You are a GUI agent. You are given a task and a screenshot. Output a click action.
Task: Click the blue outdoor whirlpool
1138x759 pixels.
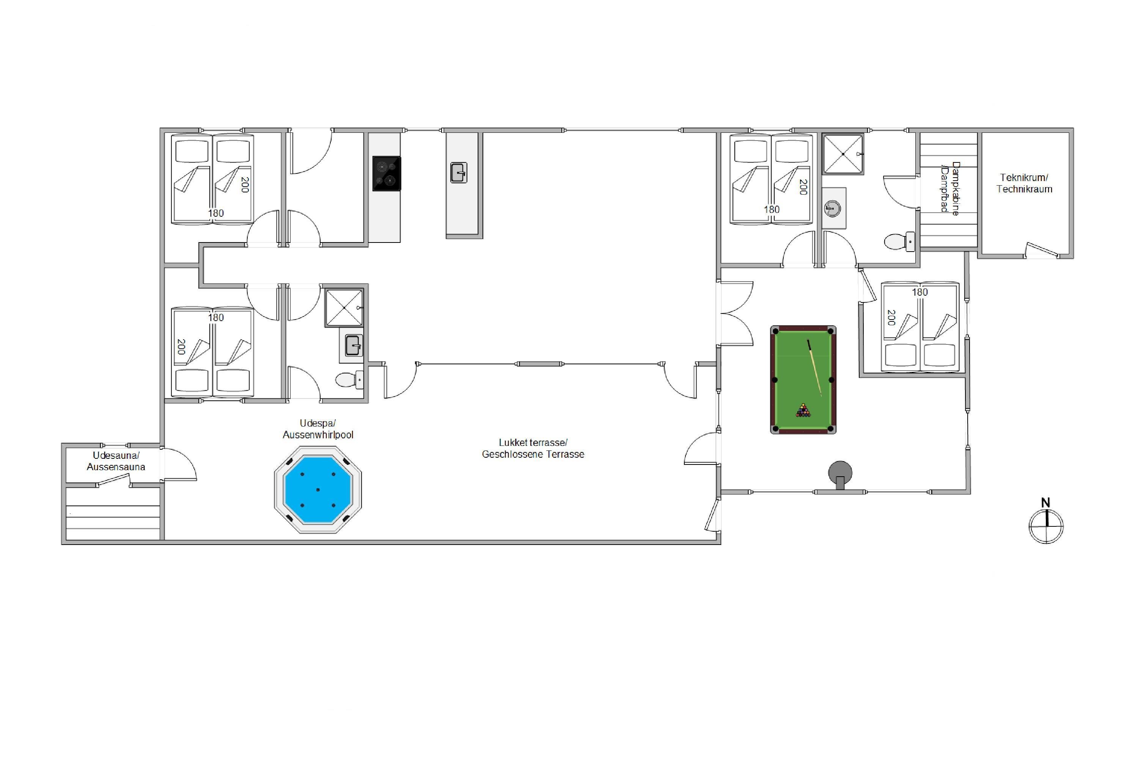pos(318,490)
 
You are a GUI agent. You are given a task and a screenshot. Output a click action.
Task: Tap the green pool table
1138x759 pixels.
pos(803,379)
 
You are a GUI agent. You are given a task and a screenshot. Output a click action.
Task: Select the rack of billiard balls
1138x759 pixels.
pos(803,411)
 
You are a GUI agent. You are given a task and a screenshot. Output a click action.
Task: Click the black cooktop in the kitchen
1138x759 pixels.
pos(387,173)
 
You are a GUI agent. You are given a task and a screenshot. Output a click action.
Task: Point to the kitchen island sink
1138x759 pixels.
pos(459,172)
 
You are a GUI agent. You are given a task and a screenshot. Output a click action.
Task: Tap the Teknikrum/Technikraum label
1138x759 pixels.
pos(1024,183)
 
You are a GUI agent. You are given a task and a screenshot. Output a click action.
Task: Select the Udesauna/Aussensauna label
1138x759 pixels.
pos(116,461)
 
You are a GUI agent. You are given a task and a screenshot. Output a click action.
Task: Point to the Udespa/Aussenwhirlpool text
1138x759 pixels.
pos(318,429)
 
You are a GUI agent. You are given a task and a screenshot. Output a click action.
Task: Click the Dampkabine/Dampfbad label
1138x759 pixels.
pos(950,188)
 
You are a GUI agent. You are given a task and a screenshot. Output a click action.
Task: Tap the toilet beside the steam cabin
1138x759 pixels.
pos(899,241)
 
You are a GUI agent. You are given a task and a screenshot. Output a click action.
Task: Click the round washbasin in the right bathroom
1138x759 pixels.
pos(832,209)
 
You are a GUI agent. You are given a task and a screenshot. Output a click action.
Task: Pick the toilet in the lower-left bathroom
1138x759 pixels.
pos(349,380)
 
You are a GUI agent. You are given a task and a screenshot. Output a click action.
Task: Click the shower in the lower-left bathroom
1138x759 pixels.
pos(344,308)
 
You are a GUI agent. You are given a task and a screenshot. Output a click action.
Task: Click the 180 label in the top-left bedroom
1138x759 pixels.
pos(216,213)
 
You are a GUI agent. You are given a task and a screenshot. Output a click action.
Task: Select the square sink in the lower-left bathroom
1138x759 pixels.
pos(353,346)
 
